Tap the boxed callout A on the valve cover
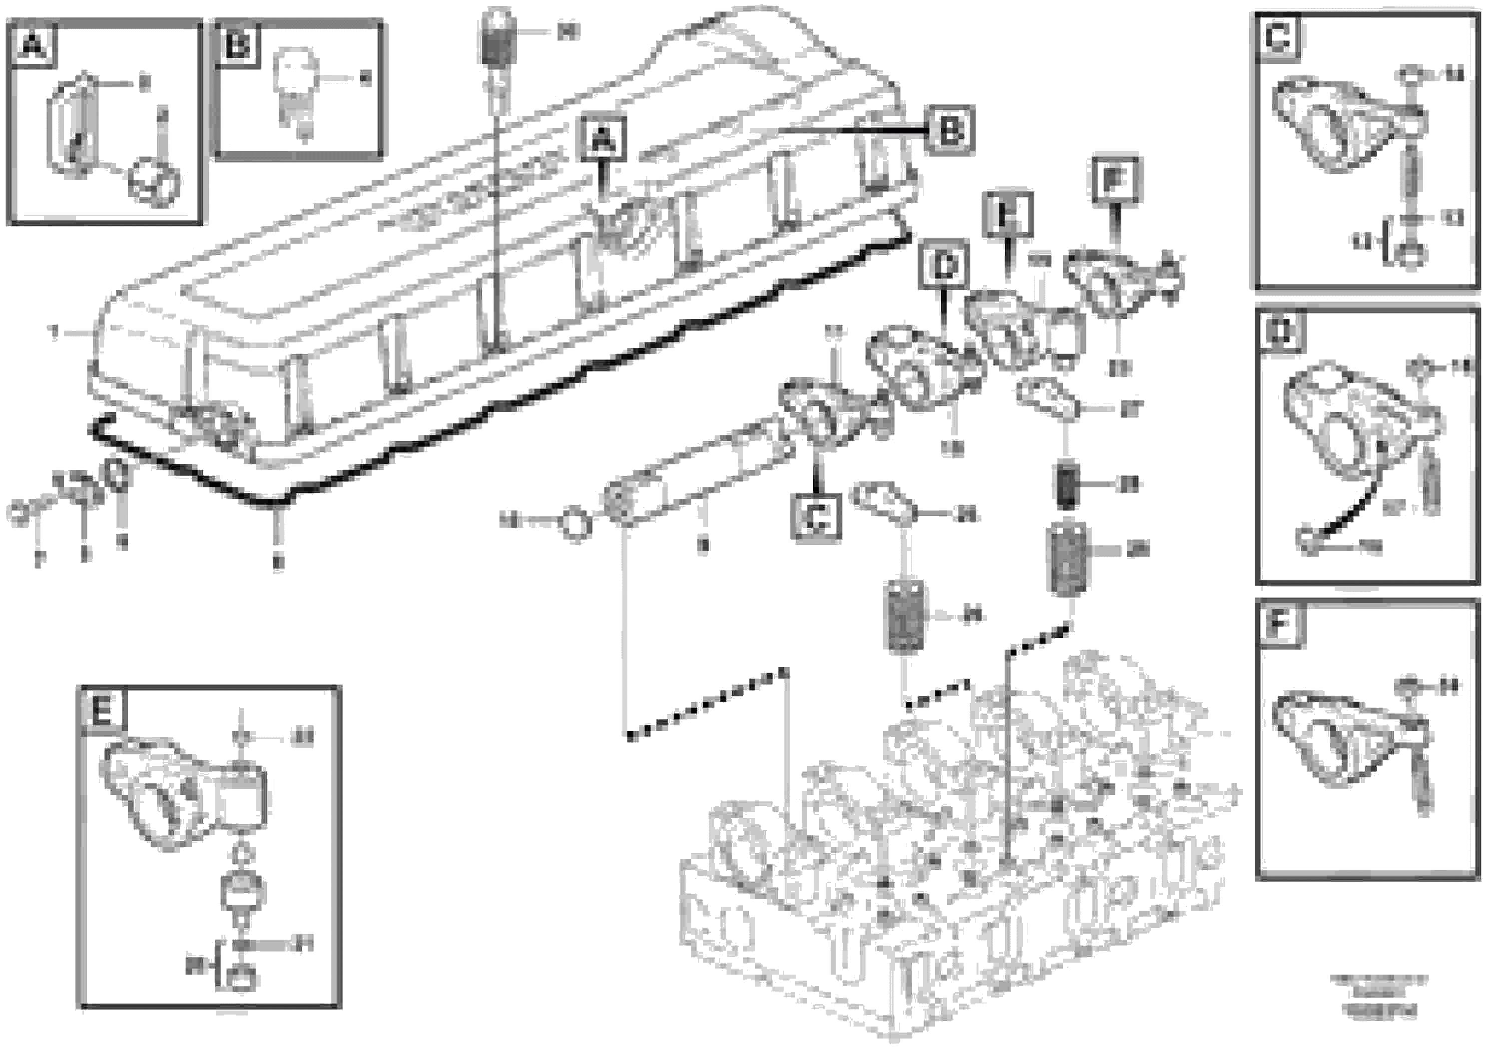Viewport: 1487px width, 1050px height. click(x=603, y=138)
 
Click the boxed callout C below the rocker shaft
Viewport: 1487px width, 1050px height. click(x=817, y=517)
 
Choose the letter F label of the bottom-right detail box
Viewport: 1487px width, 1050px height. click(x=1280, y=625)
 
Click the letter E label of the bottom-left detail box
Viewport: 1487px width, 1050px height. click(x=102, y=712)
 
